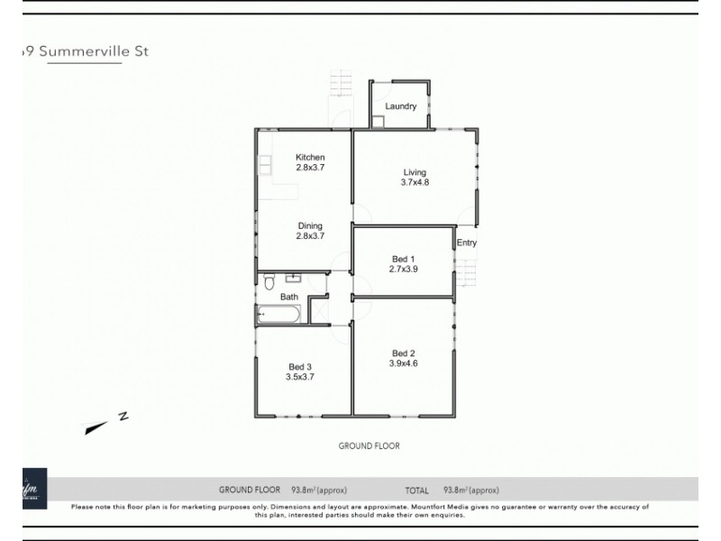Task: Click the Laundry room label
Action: click(x=400, y=106)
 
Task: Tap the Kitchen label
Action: click(x=310, y=158)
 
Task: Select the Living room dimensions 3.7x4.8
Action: click(x=415, y=183)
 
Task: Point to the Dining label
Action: click(x=310, y=226)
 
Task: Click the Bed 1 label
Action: click(x=403, y=258)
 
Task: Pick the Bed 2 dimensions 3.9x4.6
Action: click(x=403, y=363)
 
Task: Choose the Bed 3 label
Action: click(x=300, y=366)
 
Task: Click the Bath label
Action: click(x=288, y=297)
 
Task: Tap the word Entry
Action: click(x=467, y=243)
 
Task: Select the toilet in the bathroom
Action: click(x=269, y=283)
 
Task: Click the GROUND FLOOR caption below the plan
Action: click(x=369, y=445)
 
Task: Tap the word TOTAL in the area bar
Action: click(x=416, y=491)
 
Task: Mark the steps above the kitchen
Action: click(x=341, y=83)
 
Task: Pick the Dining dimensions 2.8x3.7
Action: click(x=310, y=236)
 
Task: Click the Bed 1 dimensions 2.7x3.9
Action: click(x=403, y=269)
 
